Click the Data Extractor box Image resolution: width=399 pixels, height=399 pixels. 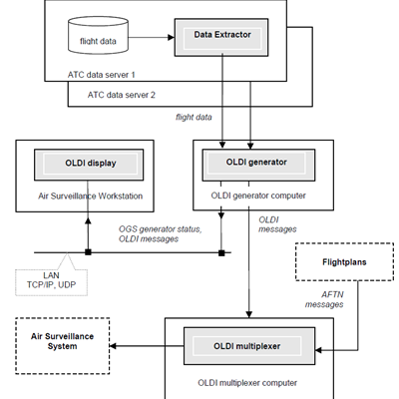tap(221, 37)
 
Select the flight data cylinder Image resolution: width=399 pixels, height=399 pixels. tap(98, 36)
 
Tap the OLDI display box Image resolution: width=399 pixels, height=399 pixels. tap(89, 165)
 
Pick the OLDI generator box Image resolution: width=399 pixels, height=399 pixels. tap(258, 165)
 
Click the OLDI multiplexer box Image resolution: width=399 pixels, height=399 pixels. tap(249, 346)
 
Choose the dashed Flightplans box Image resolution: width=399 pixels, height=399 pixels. tap(344, 262)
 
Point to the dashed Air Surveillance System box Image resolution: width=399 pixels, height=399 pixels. tap(63, 346)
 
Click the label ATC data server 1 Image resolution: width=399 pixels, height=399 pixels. tap(102, 75)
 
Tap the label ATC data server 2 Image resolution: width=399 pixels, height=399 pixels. tap(122, 95)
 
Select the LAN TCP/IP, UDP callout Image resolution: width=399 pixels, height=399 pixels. tap(52, 280)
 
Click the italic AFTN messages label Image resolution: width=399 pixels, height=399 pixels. tap(324, 299)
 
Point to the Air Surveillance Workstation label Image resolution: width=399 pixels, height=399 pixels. tap(91, 196)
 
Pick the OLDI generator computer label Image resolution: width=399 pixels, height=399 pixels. tap(258, 196)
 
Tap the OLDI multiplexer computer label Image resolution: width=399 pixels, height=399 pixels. tap(247, 383)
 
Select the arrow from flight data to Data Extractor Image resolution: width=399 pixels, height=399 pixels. tap(152, 37)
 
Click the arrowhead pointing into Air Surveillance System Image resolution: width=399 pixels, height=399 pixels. tap(113, 346)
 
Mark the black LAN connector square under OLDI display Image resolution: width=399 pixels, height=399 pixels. tap(88, 252)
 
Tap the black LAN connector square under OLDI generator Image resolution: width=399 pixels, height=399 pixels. tap(221, 253)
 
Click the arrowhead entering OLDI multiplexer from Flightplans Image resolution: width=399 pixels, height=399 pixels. tap(318, 350)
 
